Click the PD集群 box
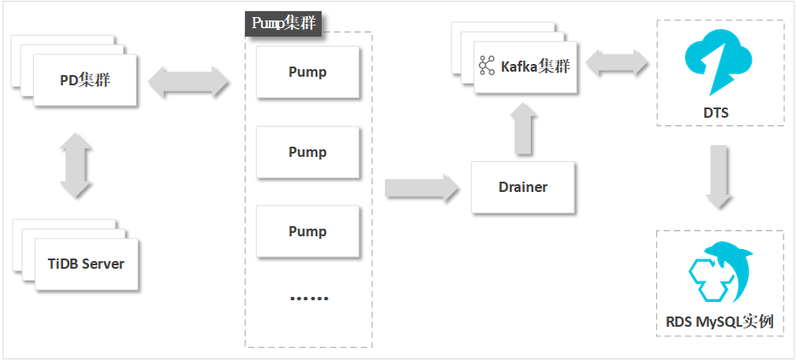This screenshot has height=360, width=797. coord(84,81)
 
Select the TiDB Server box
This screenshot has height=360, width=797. coord(85,264)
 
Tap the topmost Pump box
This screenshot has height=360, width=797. coord(307,72)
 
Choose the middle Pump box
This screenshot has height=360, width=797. coord(307,152)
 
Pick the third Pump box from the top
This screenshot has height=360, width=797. coord(307,231)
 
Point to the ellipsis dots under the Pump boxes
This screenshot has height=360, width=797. coord(308,299)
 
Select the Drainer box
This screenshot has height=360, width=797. coord(522,187)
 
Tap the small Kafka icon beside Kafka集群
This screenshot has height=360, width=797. coord(487,66)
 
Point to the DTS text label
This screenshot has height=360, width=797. coord(718,113)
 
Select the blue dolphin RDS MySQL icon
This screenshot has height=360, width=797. coord(718,272)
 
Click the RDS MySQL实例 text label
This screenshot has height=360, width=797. coord(718,322)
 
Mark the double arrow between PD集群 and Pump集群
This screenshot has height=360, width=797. coord(189,83)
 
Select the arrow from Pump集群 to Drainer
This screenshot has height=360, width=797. coord(422,187)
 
